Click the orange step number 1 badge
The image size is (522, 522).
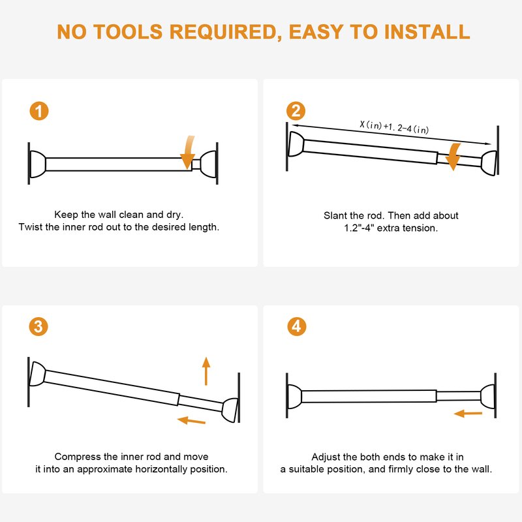[39, 111]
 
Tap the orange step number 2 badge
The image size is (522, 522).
[296, 111]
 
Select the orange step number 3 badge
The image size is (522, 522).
[38, 326]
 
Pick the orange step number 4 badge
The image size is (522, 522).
[297, 326]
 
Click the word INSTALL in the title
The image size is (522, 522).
[427, 32]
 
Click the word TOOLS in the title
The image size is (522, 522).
[127, 32]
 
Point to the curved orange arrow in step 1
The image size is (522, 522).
[189, 152]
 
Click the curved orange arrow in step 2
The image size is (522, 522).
[453, 157]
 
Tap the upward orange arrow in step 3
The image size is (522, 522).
[206, 371]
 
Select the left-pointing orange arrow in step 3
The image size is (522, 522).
[191, 420]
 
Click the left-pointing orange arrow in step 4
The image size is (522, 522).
[468, 414]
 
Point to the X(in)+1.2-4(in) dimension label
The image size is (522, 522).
[394, 127]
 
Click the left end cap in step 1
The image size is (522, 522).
[38, 164]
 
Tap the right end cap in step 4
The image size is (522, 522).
[488, 396]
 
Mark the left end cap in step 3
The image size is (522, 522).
[37, 374]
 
